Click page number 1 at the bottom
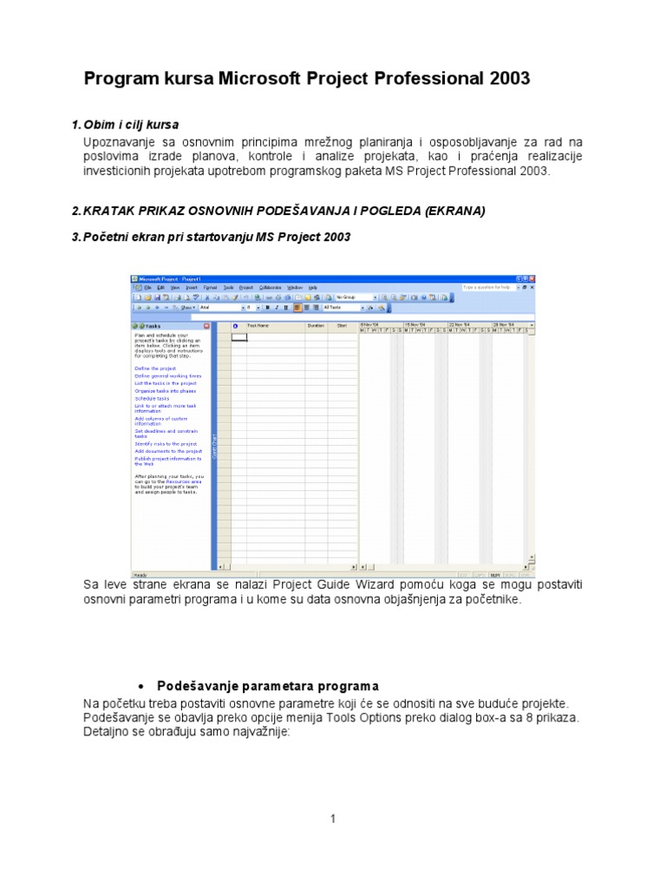click(332, 819)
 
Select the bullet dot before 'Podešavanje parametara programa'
click(142, 686)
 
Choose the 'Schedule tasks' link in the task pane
click(152, 398)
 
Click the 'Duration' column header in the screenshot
click(315, 326)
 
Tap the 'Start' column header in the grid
click(343, 326)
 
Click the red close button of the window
click(531, 278)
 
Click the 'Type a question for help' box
click(487, 287)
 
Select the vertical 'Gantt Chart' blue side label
click(214, 447)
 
